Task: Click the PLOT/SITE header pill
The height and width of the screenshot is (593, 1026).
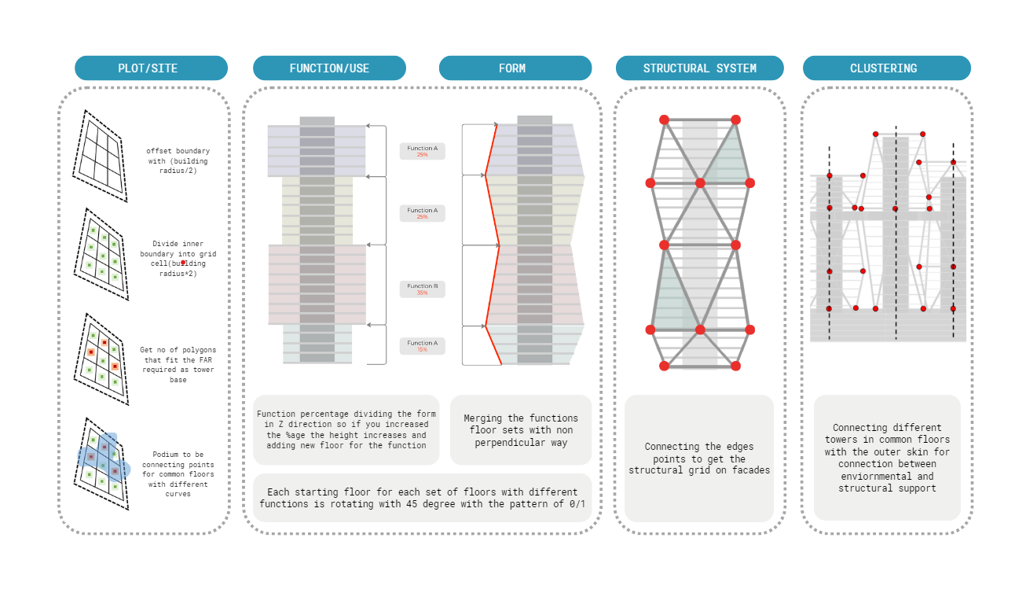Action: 151,68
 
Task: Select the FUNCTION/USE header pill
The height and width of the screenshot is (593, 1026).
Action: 329,68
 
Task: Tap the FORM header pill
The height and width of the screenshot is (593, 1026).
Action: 515,68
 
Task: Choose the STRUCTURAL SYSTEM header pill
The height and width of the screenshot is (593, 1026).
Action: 699,68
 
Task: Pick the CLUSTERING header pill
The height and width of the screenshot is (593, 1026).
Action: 886,68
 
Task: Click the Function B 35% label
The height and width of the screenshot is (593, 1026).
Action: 422,289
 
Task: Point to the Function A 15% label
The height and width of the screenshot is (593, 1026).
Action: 422,345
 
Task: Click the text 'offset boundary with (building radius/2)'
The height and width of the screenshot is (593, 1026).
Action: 178,160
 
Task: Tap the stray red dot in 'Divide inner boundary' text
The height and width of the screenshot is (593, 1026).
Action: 183,263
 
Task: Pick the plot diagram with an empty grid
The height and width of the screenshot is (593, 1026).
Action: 99,154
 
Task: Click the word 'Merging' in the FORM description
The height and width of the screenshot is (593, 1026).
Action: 482,418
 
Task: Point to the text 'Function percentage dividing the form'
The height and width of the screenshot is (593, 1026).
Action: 346,414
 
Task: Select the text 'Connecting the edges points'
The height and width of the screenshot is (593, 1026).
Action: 698,453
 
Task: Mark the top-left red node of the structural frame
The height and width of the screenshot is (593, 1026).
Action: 664,120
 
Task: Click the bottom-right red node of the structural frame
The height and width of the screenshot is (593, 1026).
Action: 735,366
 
